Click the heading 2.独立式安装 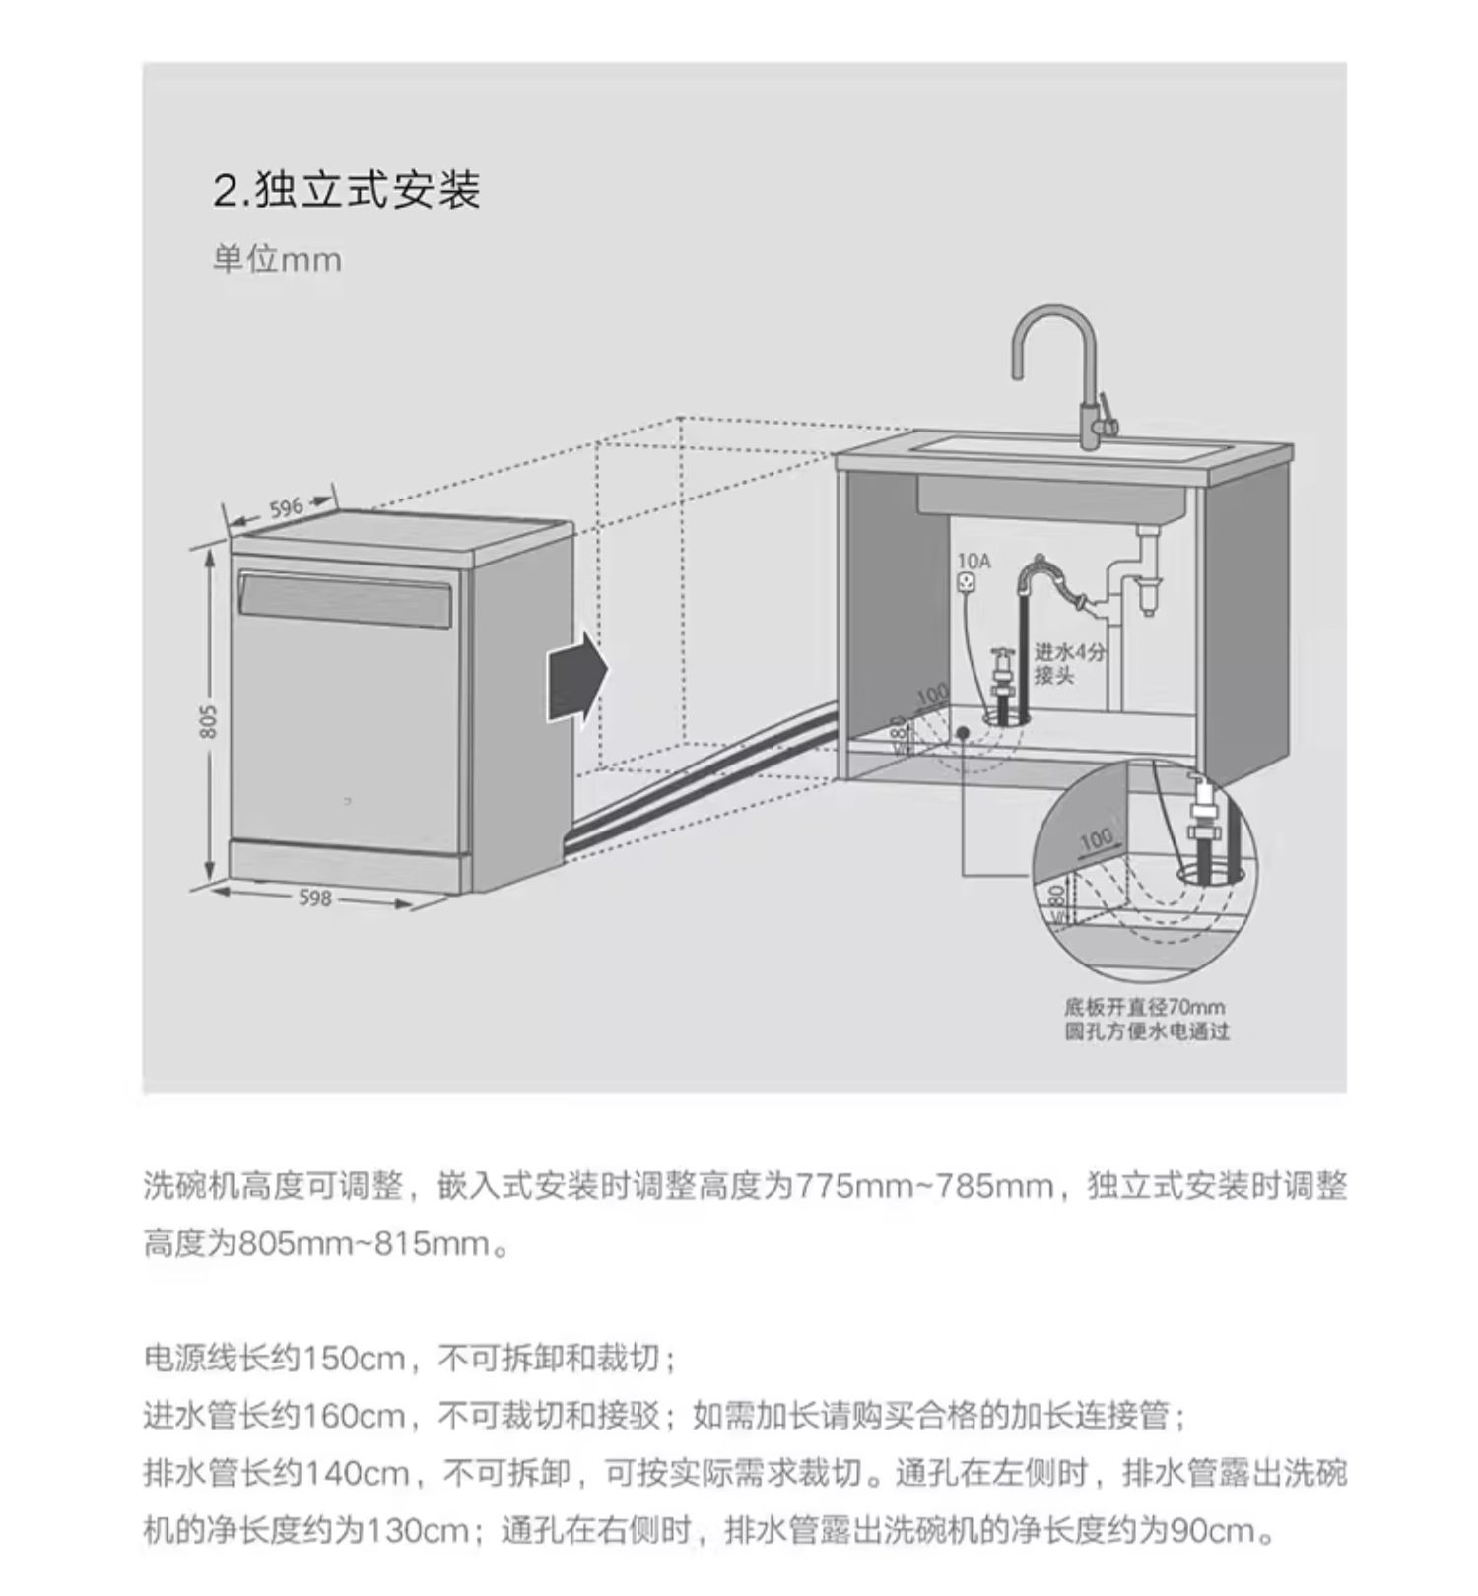click(346, 189)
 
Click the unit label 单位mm click(277, 260)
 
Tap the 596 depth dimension click(286, 508)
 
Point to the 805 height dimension click(207, 720)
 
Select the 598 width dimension click(315, 898)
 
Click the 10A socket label click(974, 561)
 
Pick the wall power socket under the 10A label click(969, 583)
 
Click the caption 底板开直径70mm click(1144, 1007)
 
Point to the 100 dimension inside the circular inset click(1096, 840)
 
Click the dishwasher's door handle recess click(345, 596)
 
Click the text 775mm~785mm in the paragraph click(923, 1185)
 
